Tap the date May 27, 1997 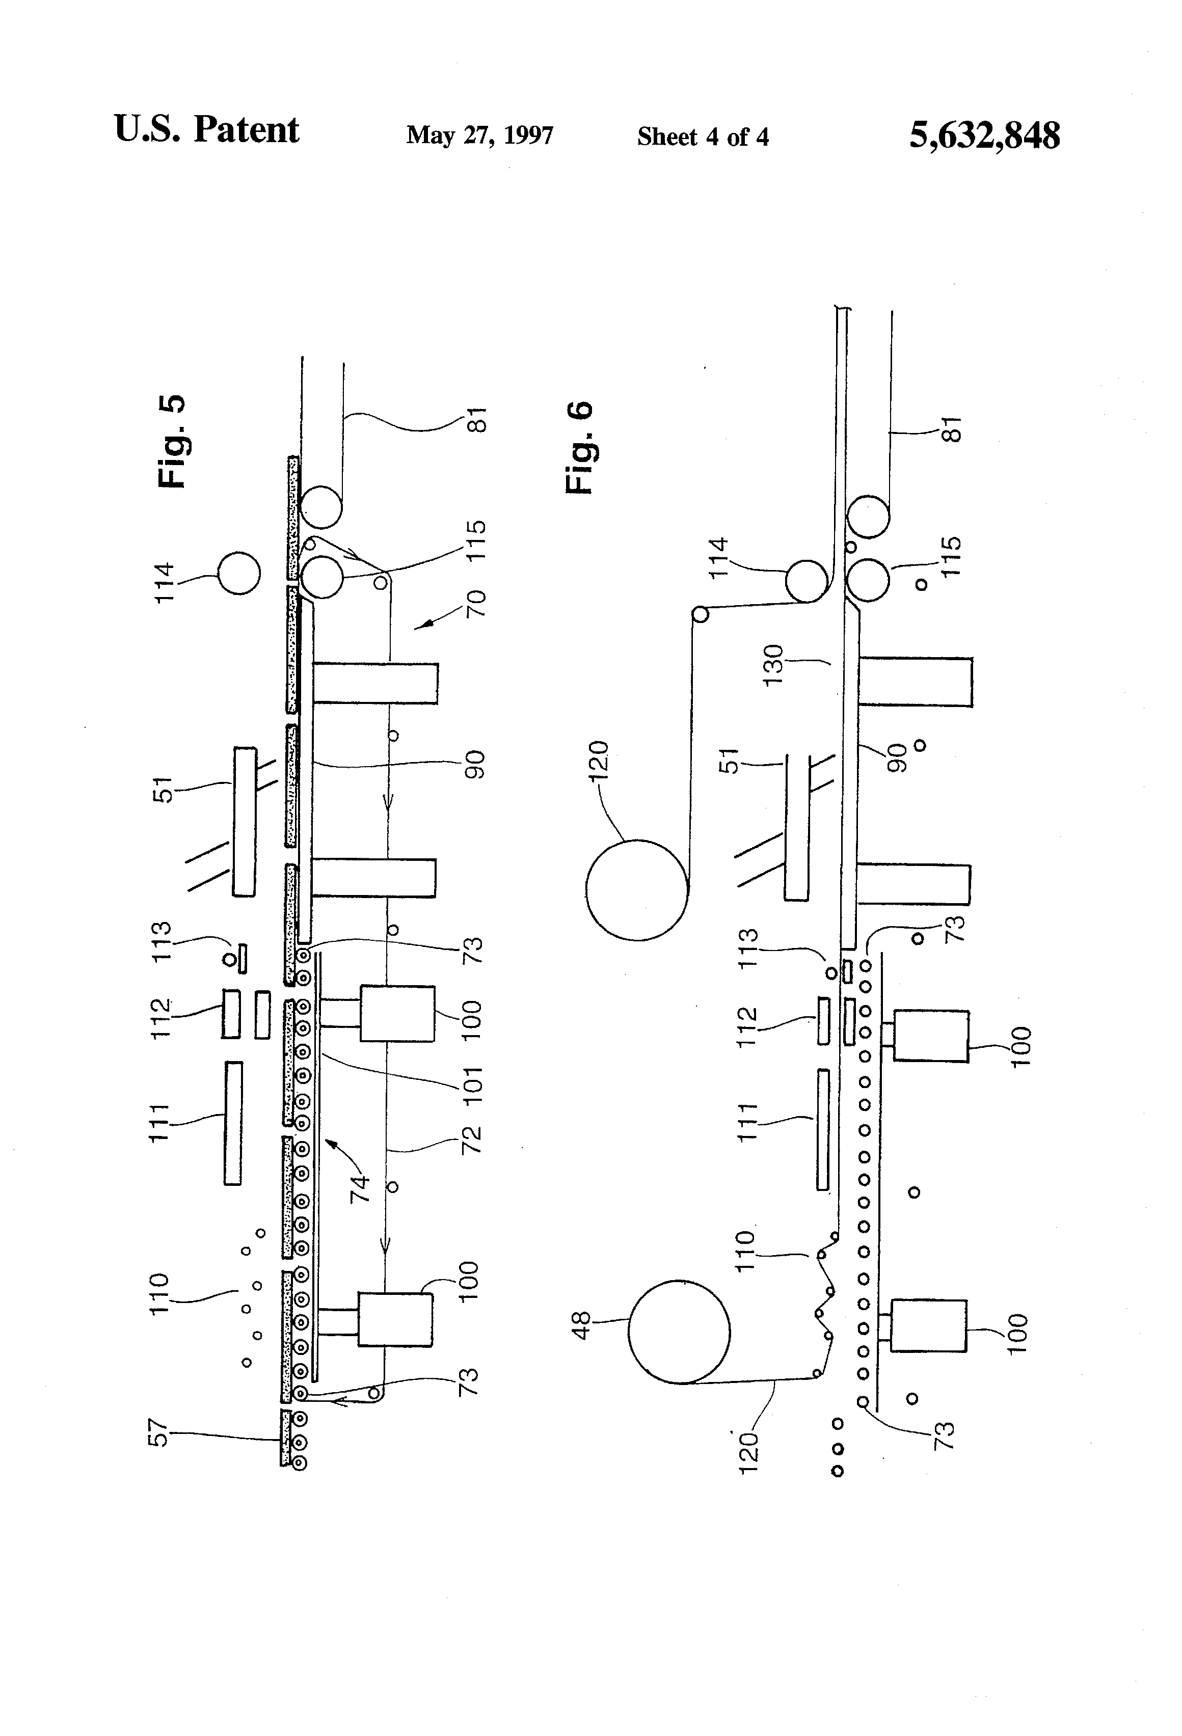coord(479,135)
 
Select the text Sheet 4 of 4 coord(703,137)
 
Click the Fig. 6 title coord(580,447)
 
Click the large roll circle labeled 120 coord(636,890)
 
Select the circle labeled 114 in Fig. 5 coord(239,574)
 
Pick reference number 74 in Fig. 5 coord(360,1188)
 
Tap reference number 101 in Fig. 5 coord(473,1086)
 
